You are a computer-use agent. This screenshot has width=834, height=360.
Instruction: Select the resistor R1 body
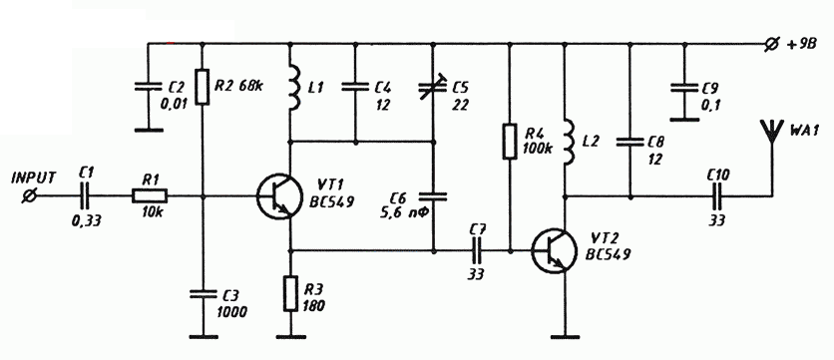click(x=150, y=196)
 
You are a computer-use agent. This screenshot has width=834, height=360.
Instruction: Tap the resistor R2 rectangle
click(x=203, y=87)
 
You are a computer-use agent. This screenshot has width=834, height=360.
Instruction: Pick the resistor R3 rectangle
click(x=290, y=293)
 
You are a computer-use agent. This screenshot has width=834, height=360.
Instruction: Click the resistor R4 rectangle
click(x=510, y=141)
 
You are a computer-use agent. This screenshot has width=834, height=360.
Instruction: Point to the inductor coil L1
click(x=293, y=88)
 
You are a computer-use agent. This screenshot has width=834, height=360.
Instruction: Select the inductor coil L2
click(x=569, y=143)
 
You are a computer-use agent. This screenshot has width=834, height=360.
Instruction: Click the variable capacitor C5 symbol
click(x=432, y=91)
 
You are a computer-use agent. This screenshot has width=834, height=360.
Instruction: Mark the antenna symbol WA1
click(x=772, y=133)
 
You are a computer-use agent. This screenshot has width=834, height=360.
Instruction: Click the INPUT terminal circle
click(x=30, y=196)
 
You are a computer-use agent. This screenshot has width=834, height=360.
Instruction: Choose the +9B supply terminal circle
click(x=770, y=45)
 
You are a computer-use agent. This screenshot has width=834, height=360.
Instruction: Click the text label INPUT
click(x=34, y=178)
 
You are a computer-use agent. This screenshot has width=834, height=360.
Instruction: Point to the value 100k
click(x=538, y=149)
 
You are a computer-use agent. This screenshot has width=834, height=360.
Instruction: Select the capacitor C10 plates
click(x=721, y=196)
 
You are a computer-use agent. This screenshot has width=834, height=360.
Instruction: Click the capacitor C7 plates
click(x=476, y=250)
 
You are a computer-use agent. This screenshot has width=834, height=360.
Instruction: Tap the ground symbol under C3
click(x=204, y=337)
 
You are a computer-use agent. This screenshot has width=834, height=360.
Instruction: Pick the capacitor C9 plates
click(x=684, y=87)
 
